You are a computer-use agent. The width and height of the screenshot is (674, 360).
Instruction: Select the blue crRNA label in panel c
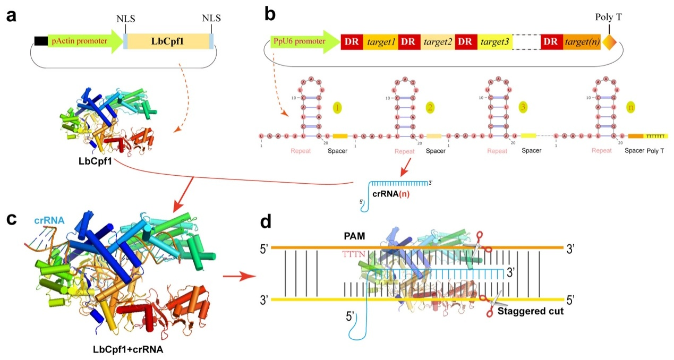[50, 220]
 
